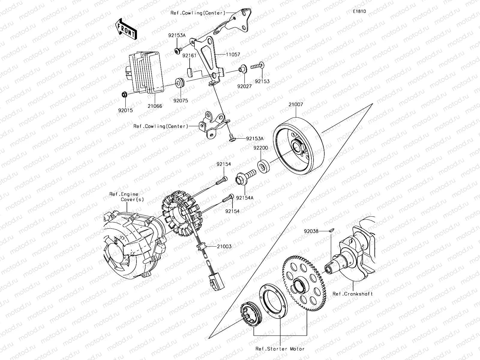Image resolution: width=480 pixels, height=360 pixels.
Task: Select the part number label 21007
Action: click(296, 105)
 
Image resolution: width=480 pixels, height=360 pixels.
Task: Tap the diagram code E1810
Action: click(359, 11)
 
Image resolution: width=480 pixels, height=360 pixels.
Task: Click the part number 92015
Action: click(126, 110)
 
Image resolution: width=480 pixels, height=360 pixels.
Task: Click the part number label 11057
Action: click(233, 55)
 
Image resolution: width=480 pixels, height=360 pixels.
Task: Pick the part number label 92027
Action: click(244, 86)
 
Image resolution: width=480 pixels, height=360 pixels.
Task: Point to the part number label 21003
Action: click(224, 246)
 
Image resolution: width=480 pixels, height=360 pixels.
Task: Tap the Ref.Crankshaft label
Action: click(352, 294)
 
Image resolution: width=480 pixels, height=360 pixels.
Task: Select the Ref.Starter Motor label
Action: click(280, 349)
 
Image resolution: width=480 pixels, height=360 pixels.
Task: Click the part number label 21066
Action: click(155, 106)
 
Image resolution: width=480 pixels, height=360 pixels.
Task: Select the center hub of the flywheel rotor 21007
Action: click(298, 147)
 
